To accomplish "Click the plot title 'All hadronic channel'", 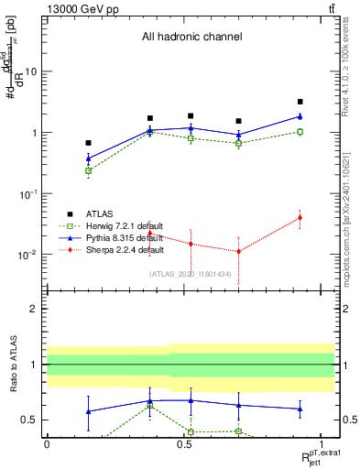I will click(x=191, y=38).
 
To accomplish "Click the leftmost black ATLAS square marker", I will click(x=88, y=143).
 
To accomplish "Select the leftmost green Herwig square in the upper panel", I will click(x=88, y=170).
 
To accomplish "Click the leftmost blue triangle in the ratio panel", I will click(x=88, y=411).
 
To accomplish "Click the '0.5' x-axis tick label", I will click(x=184, y=442).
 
